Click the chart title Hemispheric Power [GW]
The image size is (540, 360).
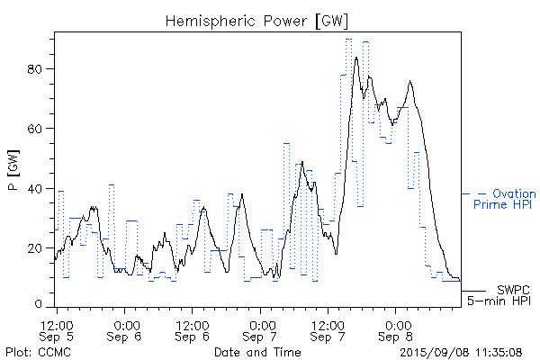(256, 20)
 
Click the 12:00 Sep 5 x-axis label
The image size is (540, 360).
(58, 330)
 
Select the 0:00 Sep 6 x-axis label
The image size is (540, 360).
(125, 330)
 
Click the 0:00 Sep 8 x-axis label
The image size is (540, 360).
(396, 330)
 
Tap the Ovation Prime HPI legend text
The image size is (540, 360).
(507, 199)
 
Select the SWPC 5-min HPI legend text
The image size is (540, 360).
(502, 294)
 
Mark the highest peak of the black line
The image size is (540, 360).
(356, 58)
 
